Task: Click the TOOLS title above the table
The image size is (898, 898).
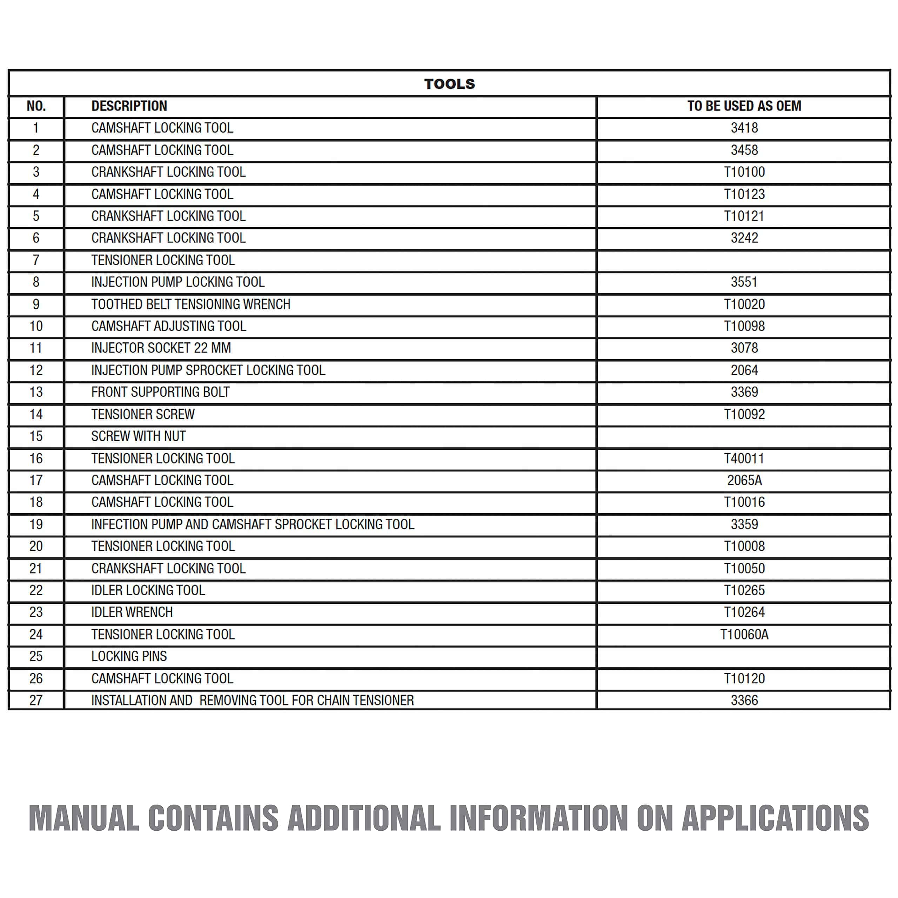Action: pos(449,84)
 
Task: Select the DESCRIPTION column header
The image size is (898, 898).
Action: pos(129,106)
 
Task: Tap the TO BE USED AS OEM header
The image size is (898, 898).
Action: pos(744,106)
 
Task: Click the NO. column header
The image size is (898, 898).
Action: pos(36,106)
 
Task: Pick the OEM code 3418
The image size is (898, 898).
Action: pos(744,128)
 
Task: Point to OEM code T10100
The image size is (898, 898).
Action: pos(744,172)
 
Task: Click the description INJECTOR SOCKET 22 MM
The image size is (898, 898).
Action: pos(161,348)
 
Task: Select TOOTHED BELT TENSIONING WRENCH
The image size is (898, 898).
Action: pos(190,304)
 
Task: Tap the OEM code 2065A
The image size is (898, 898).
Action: pos(744,480)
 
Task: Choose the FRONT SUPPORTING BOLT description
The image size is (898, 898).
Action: pos(160,392)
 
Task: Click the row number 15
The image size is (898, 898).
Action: pos(36,436)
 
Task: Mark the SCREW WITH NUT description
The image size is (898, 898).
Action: pos(139,436)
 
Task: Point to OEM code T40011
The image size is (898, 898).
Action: pos(744,458)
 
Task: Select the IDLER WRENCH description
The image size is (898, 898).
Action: pos(132,612)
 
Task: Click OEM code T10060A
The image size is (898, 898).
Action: pos(744,635)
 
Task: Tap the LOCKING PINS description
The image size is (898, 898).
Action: pos(129,656)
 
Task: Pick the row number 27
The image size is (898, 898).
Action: pos(36,701)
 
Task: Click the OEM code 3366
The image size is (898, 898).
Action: pos(744,701)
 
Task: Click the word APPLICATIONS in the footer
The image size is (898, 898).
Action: pos(775,818)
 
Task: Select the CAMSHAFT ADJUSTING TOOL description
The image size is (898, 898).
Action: pos(168,326)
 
